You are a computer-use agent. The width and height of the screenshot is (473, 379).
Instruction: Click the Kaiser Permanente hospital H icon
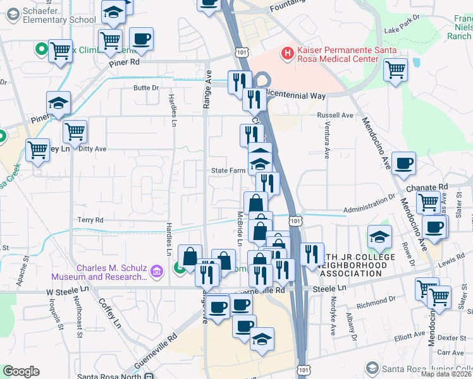coord(288,52)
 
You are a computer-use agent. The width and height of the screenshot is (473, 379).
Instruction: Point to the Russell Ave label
coord(335,116)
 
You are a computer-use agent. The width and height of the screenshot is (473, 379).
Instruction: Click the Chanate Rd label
coord(434,187)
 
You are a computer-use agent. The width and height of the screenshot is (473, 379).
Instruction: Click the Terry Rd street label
coord(90,220)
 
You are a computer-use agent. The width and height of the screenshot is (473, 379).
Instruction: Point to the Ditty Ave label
coord(93,149)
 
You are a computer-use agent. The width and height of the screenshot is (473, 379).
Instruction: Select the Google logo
coord(21,371)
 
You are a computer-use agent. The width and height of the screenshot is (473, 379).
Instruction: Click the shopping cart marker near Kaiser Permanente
coord(395,69)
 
